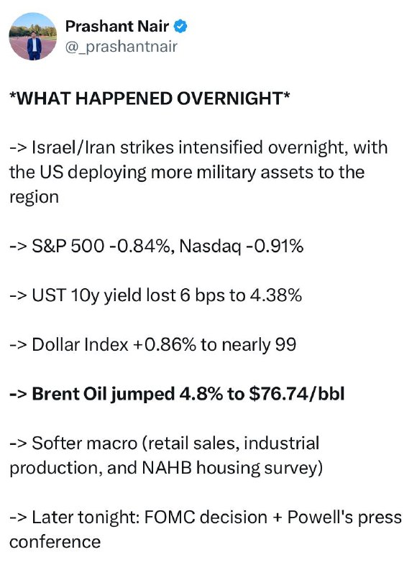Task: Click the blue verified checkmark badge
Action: click(x=180, y=27)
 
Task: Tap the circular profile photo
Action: click(x=32, y=37)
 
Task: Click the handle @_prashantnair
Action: click(x=121, y=47)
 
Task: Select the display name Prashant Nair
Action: click(x=117, y=26)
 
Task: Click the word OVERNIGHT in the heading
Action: click(x=230, y=98)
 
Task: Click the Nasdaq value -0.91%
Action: click(x=275, y=246)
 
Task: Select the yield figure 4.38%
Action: click(x=276, y=295)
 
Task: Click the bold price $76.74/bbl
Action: click(x=297, y=394)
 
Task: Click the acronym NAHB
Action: click(x=167, y=468)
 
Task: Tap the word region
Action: click(x=34, y=197)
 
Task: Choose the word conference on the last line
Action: click(x=55, y=542)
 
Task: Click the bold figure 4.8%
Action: click(x=201, y=394)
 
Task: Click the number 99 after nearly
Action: click(x=285, y=345)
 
